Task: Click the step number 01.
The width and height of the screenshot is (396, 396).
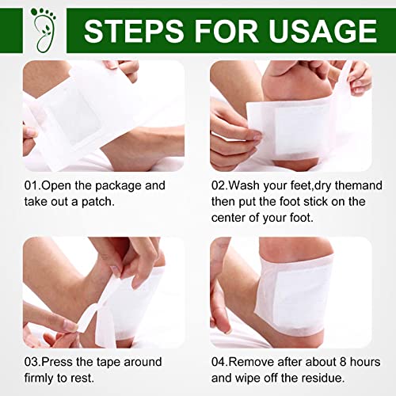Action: [x=31, y=185]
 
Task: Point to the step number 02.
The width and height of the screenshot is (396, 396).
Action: [x=219, y=185]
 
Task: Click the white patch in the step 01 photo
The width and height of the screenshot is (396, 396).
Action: [x=67, y=115]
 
